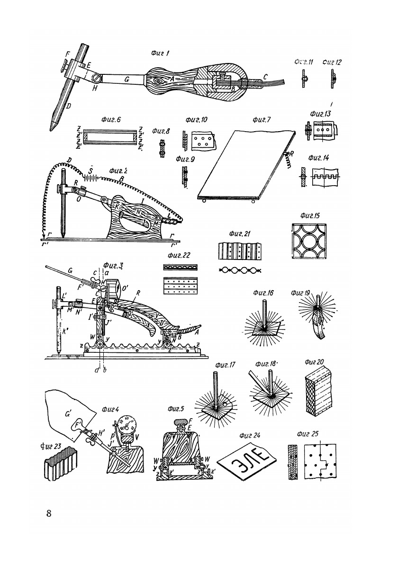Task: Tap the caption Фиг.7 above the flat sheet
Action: tap(262, 120)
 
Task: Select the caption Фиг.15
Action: tap(310, 216)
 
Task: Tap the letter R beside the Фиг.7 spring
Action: tap(292, 154)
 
